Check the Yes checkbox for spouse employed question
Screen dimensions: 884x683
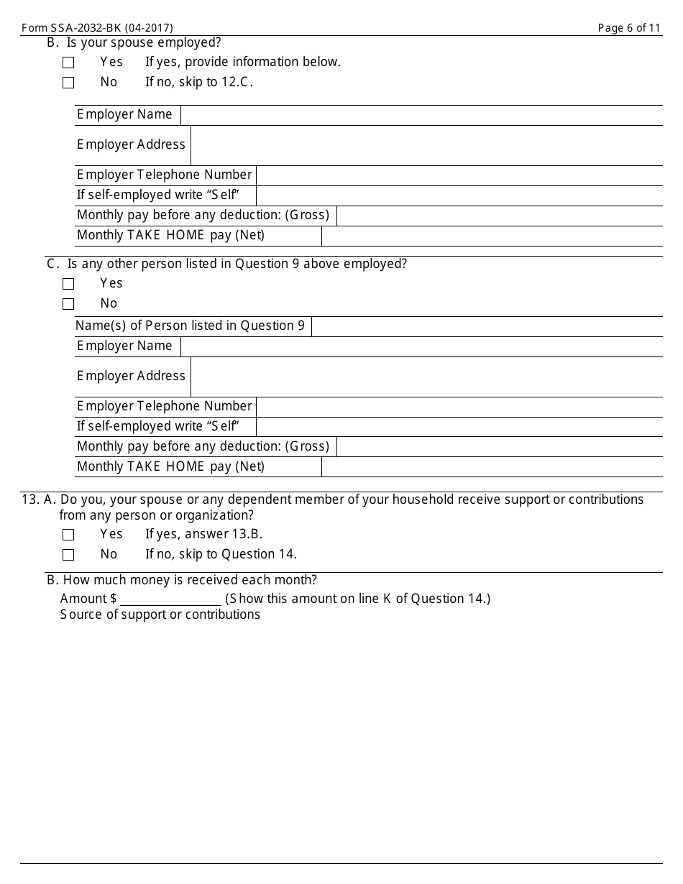point(68,63)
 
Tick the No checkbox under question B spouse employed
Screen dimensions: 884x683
point(68,83)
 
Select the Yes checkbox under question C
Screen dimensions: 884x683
point(68,284)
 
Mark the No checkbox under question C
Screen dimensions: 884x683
point(68,304)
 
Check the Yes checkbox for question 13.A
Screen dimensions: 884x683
point(68,535)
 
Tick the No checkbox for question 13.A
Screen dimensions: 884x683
point(68,555)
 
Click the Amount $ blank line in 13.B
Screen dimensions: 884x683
point(171,599)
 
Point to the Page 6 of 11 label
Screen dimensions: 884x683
point(628,28)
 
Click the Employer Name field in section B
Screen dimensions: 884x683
point(421,115)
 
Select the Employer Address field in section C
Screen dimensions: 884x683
point(426,377)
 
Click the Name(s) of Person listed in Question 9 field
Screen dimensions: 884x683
point(486,326)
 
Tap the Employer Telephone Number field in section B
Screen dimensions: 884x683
point(459,175)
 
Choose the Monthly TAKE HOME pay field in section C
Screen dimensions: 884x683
point(491,467)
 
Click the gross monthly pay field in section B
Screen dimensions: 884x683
point(499,216)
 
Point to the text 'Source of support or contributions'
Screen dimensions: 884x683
point(160,614)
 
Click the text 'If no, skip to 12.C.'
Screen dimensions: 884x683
point(199,82)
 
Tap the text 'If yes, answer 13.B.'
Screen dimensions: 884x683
point(203,534)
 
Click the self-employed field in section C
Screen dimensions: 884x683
point(459,427)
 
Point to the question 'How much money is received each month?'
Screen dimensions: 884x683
point(189,580)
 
